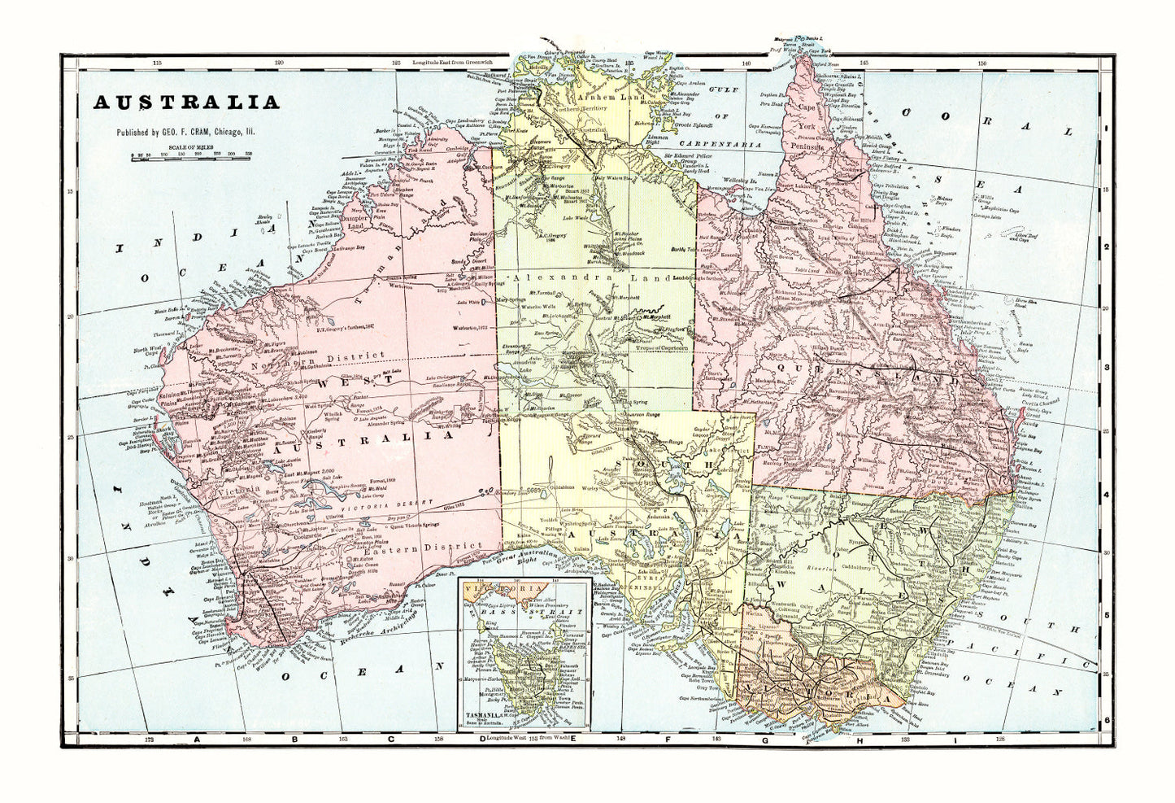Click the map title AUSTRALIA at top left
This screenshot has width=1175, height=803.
pyautogui.click(x=186, y=103)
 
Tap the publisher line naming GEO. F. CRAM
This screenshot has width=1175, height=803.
pyautogui.click(x=185, y=132)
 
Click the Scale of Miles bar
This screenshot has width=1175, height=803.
pyautogui.click(x=192, y=155)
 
